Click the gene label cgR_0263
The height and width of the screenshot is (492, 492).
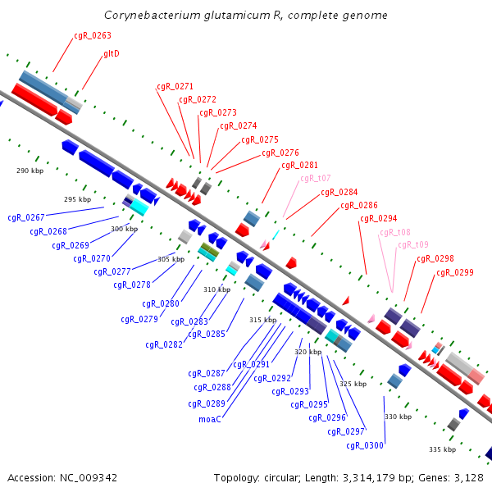click(93, 36)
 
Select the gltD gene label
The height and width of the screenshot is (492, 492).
click(112, 53)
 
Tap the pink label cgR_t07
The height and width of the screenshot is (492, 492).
click(316, 179)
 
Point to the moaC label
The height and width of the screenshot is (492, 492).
click(210, 419)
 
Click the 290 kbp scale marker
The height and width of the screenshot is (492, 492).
click(30, 171)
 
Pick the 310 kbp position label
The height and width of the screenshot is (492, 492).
click(216, 289)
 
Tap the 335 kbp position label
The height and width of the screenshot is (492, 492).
click(443, 449)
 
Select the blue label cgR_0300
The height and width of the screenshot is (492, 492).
click(365, 445)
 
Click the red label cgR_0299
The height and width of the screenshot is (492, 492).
click(455, 273)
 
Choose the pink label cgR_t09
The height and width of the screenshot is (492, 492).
click(413, 244)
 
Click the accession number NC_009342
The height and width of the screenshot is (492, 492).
click(89, 478)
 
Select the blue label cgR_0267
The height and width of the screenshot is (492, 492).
click(26, 218)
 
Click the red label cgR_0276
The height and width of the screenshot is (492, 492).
click(280, 153)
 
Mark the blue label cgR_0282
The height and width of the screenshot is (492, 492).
click(164, 345)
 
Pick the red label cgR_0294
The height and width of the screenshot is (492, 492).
click(378, 219)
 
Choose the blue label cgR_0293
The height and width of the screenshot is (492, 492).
click(290, 392)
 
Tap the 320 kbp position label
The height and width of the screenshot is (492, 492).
click(307, 352)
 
